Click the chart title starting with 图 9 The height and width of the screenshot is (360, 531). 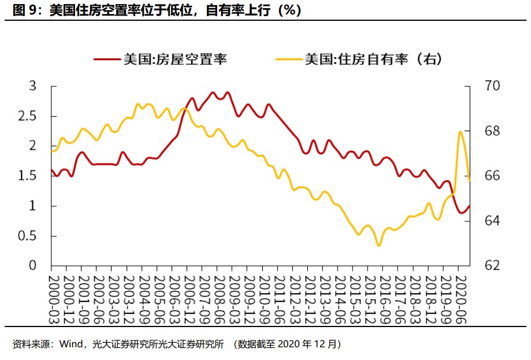(153, 10)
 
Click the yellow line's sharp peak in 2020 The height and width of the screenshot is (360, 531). (460, 132)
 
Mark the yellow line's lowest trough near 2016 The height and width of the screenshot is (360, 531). (379, 246)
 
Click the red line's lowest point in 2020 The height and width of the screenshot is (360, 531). (462, 213)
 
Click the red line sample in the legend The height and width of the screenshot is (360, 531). (107, 59)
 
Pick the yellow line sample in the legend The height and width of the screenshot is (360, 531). (289, 59)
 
